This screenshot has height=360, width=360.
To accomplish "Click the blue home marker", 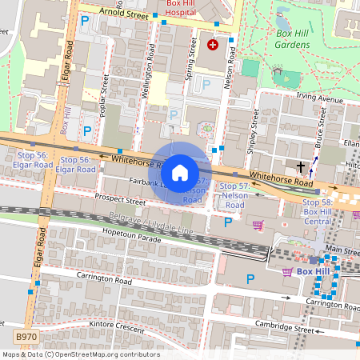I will (x=180, y=171).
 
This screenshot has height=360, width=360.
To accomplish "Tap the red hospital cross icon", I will (x=213, y=45).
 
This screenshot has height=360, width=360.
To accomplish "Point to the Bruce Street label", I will (x=322, y=126).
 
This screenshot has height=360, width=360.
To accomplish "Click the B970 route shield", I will (x=26, y=340).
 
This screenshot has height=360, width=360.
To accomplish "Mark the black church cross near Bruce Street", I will (x=301, y=167).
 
